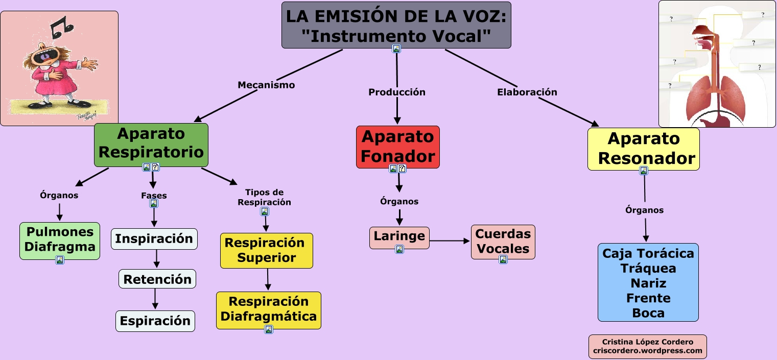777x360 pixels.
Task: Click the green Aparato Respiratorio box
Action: click(x=151, y=143)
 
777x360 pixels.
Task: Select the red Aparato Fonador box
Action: click(x=397, y=146)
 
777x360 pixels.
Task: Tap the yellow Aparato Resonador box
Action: click(x=643, y=148)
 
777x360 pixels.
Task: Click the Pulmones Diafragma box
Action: click(x=60, y=239)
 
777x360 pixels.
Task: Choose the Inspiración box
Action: click(x=154, y=239)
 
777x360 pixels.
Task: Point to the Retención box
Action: click(x=157, y=279)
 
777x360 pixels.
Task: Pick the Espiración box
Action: click(x=155, y=321)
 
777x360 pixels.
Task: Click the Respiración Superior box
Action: click(x=266, y=250)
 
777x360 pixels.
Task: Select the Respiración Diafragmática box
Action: click(x=268, y=309)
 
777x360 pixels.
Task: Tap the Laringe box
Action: click(x=399, y=236)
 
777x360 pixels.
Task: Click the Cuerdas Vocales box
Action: click(x=503, y=241)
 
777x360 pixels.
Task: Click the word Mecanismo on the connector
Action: click(x=266, y=85)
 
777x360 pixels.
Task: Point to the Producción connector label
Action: click(x=397, y=92)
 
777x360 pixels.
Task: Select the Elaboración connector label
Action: click(x=527, y=92)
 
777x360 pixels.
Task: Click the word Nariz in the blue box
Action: click(x=648, y=283)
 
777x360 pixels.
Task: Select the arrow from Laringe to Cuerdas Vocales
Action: click(x=450, y=241)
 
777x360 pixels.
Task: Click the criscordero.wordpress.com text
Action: click(x=647, y=351)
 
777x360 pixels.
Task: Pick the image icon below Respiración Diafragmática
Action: click(x=269, y=330)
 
